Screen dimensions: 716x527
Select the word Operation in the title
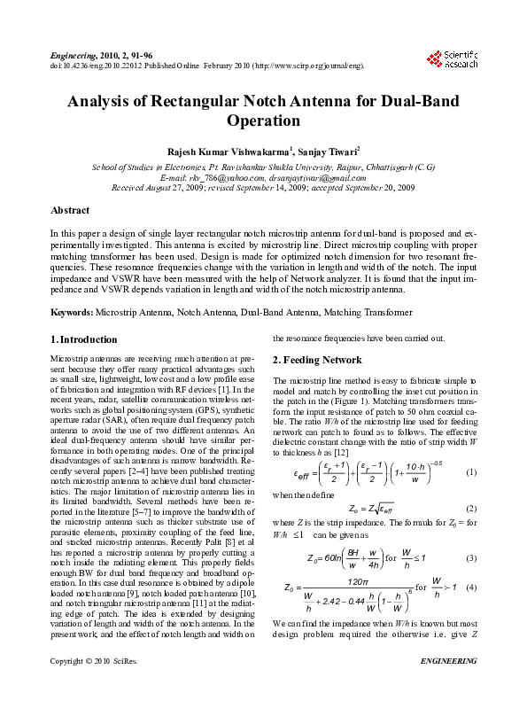pos(263,121)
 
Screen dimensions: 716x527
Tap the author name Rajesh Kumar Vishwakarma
pos(222,152)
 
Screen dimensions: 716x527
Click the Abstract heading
pos(70,210)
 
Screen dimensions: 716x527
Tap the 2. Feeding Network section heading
pos(316,360)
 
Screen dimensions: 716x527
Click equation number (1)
pos(471,472)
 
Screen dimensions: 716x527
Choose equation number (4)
pos(471,588)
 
